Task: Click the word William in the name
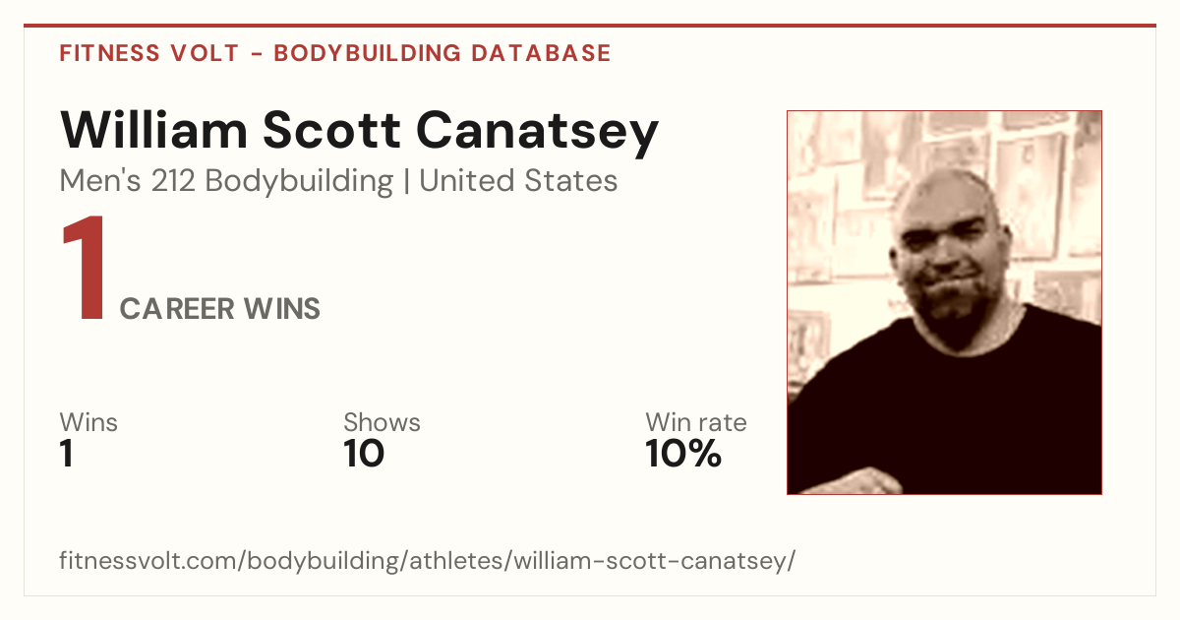[153, 130]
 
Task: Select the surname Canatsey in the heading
[537, 134]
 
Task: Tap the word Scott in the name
[332, 130]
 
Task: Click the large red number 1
[84, 268]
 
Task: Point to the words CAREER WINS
[219, 308]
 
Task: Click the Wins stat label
[88, 422]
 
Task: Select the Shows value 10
[364, 454]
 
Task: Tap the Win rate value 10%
[683, 454]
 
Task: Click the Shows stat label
[382, 422]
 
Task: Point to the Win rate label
[696, 422]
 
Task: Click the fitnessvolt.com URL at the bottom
[427, 560]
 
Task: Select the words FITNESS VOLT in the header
[149, 53]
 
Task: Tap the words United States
[518, 181]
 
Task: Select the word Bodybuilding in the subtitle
[299, 182]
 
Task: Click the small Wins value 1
[66, 454]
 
